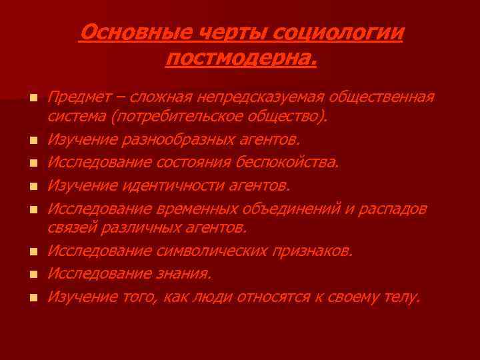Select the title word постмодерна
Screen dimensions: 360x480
click(240, 59)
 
